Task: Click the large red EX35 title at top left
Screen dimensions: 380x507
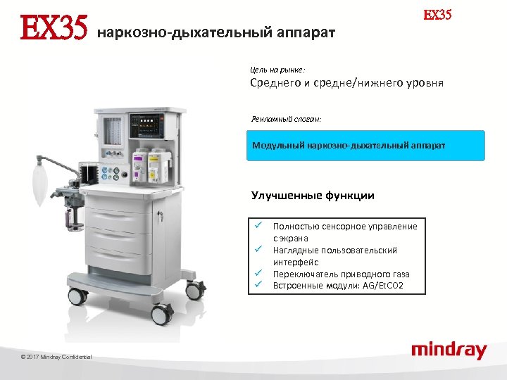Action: (x=53, y=30)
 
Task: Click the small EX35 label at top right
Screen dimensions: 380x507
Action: (x=437, y=15)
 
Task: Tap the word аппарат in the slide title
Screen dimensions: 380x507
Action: (x=306, y=32)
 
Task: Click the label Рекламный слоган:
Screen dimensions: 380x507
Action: (x=286, y=119)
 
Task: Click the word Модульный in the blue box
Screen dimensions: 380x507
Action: (x=277, y=146)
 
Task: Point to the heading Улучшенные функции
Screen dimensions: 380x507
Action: (x=313, y=196)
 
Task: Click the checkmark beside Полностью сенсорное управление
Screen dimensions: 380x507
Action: (x=258, y=225)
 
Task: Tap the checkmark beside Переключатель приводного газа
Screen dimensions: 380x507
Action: (x=258, y=273)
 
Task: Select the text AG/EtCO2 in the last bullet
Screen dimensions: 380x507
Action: (x=386, y=286)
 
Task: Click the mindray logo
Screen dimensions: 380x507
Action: (x=449, y=350)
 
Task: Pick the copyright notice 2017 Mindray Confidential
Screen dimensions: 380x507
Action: (x=56, y=357)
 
